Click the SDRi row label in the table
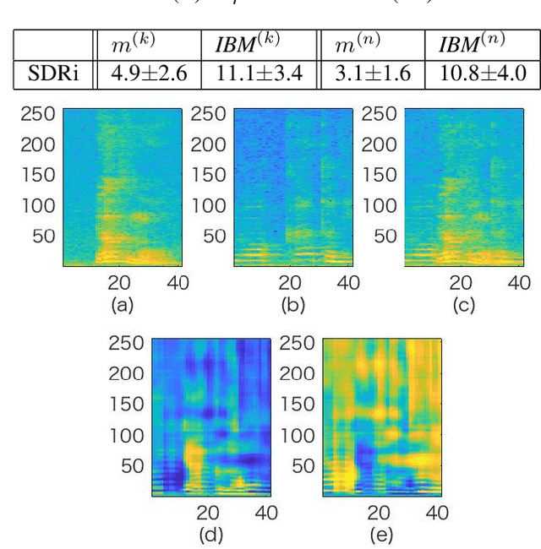[53, 73]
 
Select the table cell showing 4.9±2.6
[147, 73]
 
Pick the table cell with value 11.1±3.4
[259, 73]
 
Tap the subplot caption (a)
[123, 305]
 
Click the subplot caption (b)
[293, 305]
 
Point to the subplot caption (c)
[463, 305]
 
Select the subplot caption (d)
[210, 534]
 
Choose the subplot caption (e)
[380, 534]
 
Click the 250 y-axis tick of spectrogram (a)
[38, 114]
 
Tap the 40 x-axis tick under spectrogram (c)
[518, 283]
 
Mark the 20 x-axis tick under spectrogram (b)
[290, 283]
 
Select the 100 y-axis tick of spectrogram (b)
[208, 205]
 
